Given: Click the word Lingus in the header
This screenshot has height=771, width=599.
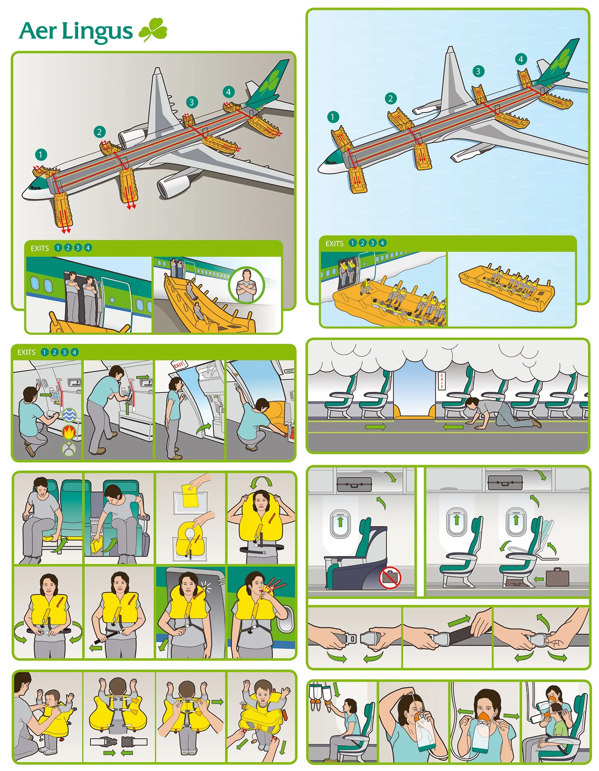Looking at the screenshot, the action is click(x=97, y=32).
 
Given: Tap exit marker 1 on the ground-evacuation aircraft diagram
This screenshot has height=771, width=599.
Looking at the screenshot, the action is click(x=40, y=155).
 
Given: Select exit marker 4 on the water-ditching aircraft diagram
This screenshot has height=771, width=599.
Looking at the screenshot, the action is click(x=520, y=59).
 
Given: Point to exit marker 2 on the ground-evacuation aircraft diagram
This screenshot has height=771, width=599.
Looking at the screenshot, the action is click(x=99, y=132).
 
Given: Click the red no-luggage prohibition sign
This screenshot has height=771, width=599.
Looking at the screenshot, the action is click(x=390, y=578).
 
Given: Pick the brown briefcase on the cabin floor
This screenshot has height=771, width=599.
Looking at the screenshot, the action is click(x=557, y=577).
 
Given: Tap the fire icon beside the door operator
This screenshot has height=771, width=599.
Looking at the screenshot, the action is click(x=69, y=432).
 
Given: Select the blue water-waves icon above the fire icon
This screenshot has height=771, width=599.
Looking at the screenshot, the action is click(x=69, y=415).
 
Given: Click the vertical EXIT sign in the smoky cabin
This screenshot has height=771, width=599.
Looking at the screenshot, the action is click(x=441, y=381).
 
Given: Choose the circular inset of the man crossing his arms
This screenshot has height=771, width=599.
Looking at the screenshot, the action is click(x=247, y=285).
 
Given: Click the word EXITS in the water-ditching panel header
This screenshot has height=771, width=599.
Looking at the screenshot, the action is click(x=334, y=244).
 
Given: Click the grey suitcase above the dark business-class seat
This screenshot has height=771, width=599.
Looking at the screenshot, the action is click(x=354, y=484).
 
